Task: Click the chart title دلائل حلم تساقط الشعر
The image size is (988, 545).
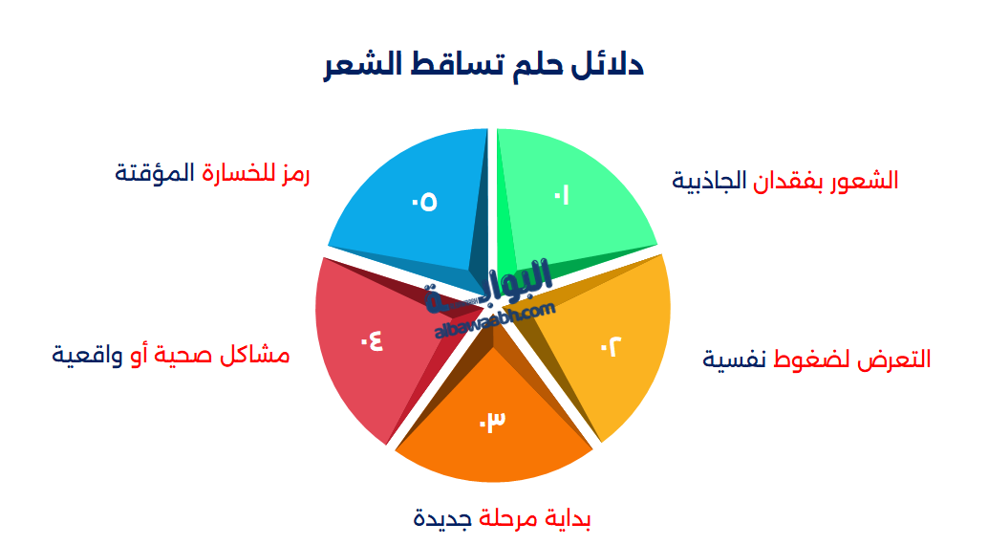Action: pos(483,66)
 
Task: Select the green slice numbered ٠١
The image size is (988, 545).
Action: pos(573,196)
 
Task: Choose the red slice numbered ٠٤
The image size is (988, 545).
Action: pos(368,344)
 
